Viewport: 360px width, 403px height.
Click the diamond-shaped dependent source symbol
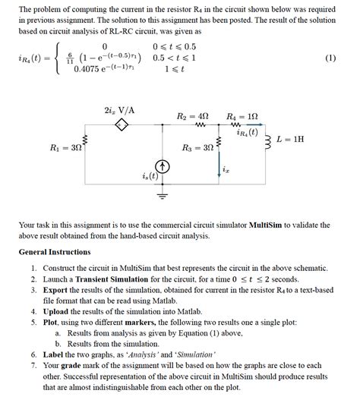[119, 125]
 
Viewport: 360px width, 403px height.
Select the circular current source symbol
[162, 166]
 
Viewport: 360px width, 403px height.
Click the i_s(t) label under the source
[150, 177]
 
